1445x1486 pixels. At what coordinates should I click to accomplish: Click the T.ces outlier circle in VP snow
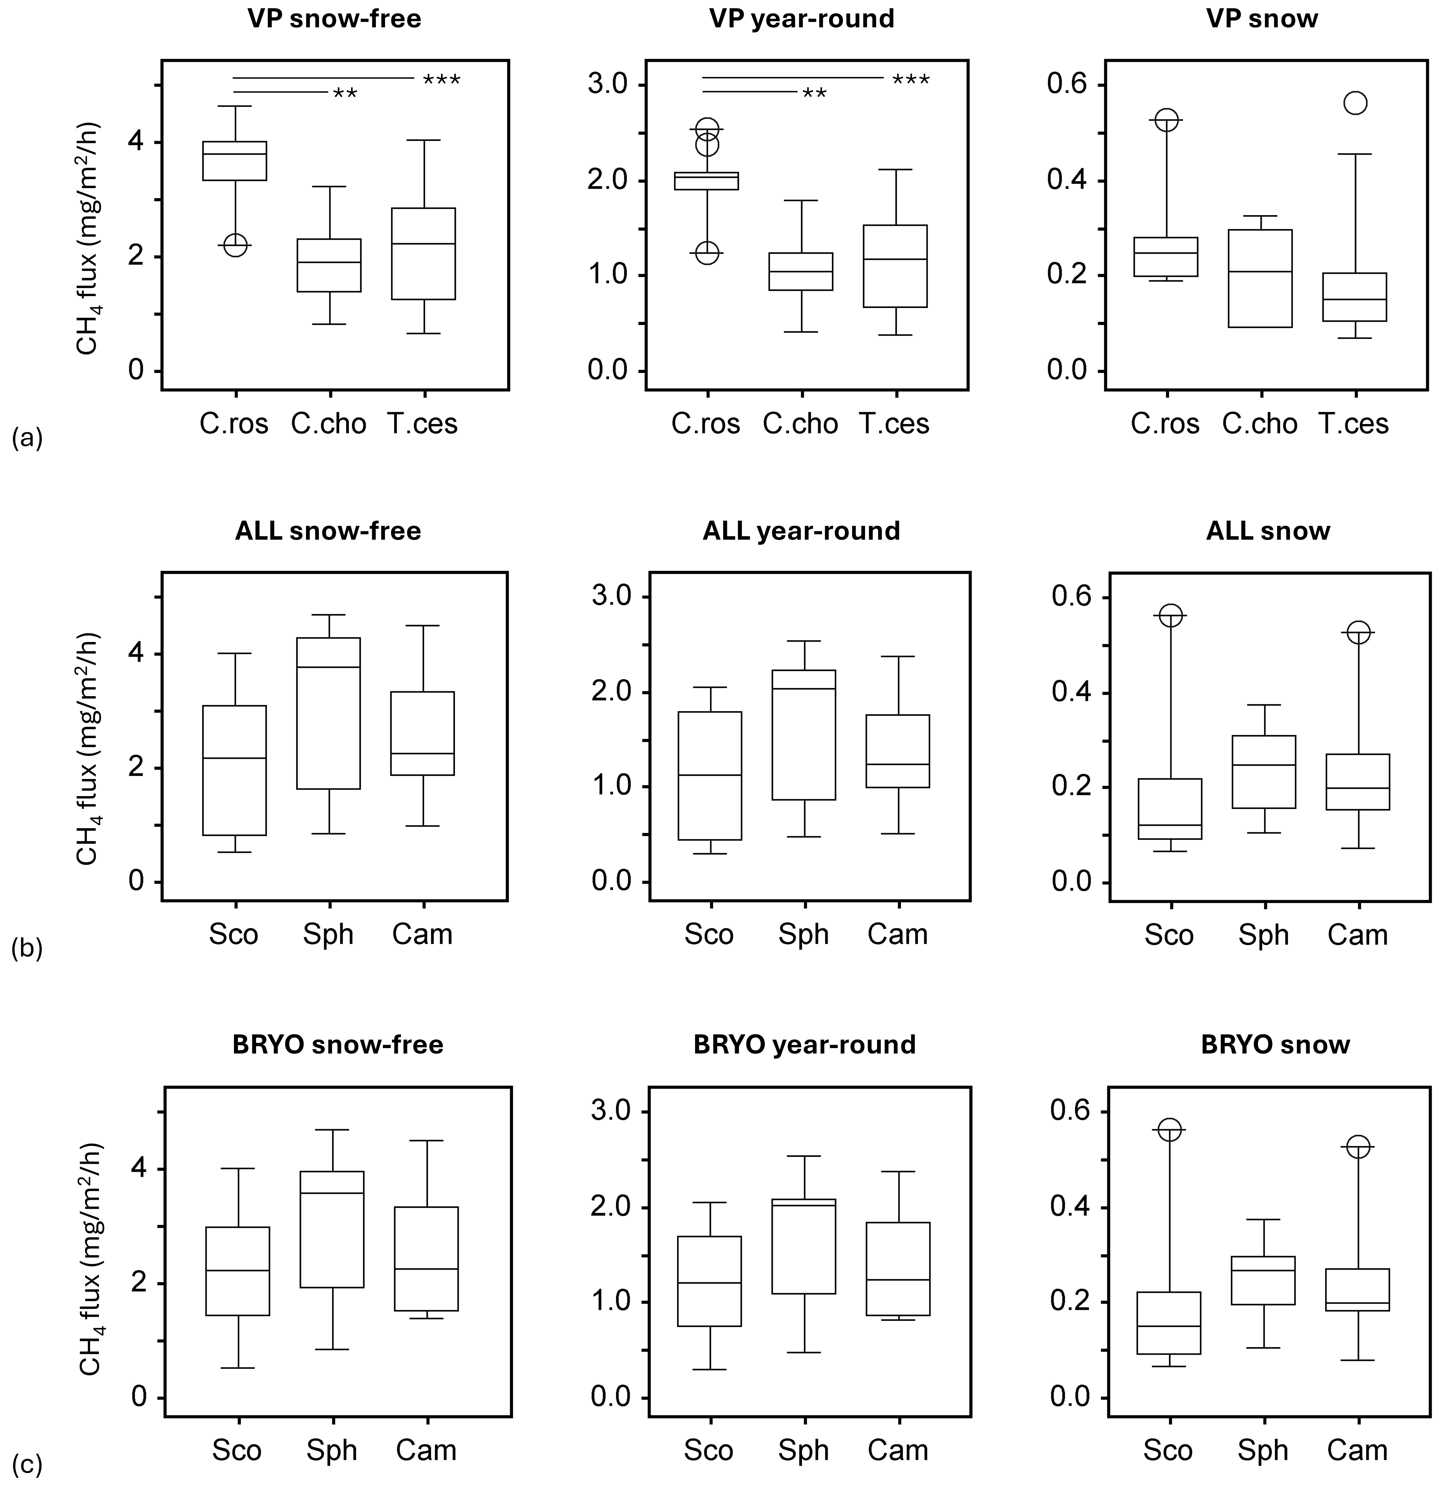[x=1355, y=103]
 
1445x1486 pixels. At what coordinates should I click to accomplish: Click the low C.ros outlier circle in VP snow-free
[x=235, y=245]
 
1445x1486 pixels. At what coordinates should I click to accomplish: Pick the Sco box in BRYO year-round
[x=710, y=1281]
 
